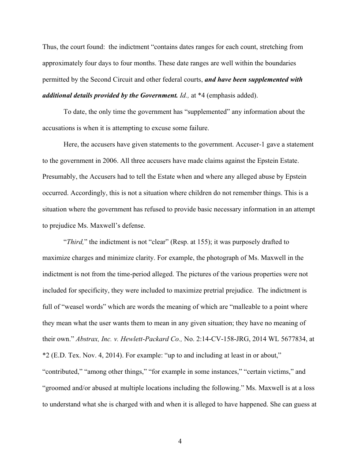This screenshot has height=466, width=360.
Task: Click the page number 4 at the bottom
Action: pyautogui.click(x=180, y=441)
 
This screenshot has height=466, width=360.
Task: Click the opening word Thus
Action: pyautogui.click(x=50, y=47)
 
